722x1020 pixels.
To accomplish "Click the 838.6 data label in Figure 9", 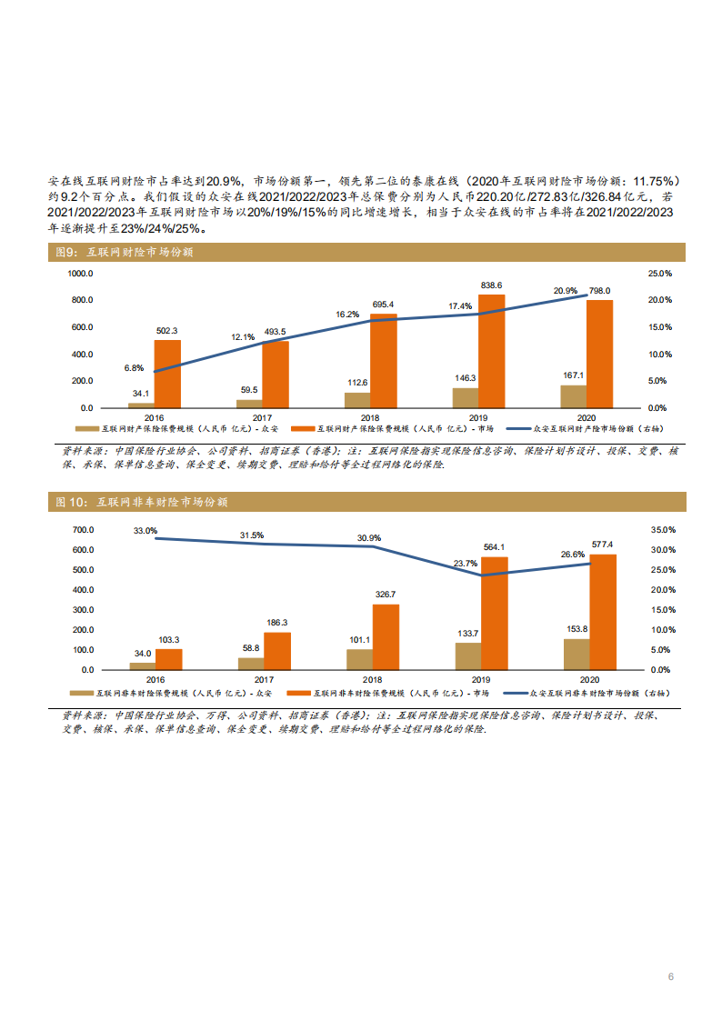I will coord(491,285).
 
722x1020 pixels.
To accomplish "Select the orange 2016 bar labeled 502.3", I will coord(167,373).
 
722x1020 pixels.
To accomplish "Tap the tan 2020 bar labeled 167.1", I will coord(574,395).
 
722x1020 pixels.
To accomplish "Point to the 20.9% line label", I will coord(566,291).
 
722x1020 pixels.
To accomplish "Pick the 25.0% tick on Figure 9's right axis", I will coord(659,273).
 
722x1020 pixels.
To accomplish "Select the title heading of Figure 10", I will coord(142,502).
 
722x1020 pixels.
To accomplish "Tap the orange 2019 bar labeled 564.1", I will coord(494,613).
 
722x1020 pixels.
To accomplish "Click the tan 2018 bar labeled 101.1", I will coord(360,659).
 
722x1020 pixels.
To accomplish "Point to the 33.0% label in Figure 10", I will coord(145,530).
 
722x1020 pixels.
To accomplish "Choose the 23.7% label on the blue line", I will coord(465,564).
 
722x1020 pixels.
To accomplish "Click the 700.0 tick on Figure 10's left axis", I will coord(83,530).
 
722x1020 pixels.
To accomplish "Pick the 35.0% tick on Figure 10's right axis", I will coord(661,530).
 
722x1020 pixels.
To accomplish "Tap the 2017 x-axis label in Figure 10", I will coord(264,679).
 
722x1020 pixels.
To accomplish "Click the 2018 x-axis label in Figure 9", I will coord(371,417).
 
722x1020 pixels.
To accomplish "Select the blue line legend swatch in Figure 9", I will coord(517,427).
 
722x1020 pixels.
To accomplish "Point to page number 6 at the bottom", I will coord(670,976).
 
